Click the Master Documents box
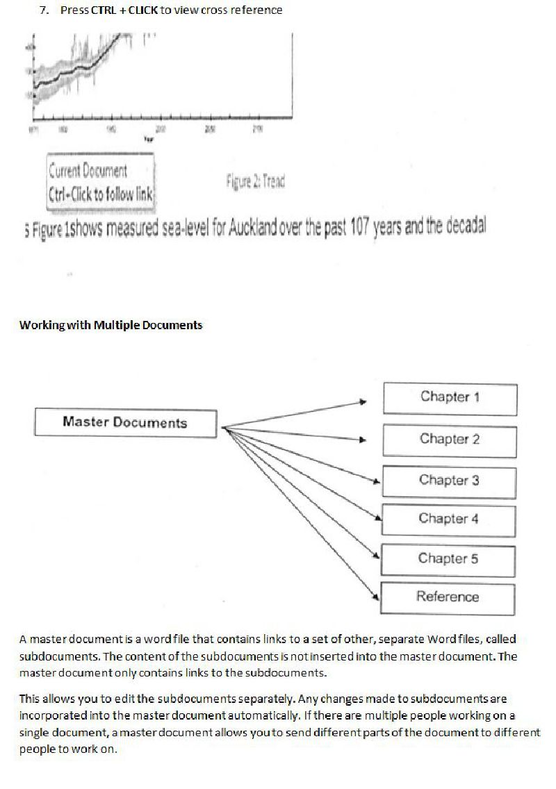coord(125,422)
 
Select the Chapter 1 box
coord(450,398)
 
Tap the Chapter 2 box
coord(450,440)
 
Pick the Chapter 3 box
coord(449,481)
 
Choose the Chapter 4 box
coord(449,520)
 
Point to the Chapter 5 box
coord(448,559)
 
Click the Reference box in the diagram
coord(448,597)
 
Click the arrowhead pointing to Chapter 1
coord(363,401)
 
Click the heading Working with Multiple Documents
coord(111,325)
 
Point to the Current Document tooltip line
coord(88,171)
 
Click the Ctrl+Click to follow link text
coord(101,192)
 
